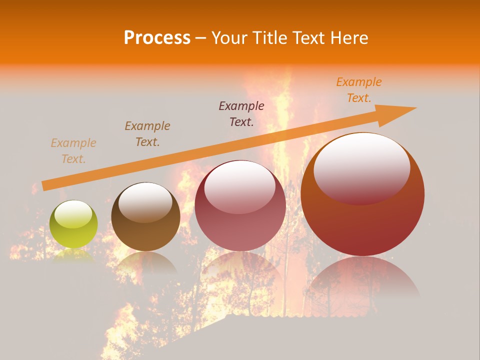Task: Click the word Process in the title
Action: (157, 38)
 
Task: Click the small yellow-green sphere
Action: (73, 224)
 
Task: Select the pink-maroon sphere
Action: (240, 206)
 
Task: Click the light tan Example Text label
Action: (73, 151)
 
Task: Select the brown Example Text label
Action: (147, 134)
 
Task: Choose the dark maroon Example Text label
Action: (241, 113)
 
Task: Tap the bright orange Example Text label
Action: (359, 90)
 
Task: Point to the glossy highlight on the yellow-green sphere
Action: (73, 214)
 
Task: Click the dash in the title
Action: (200, 38)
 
